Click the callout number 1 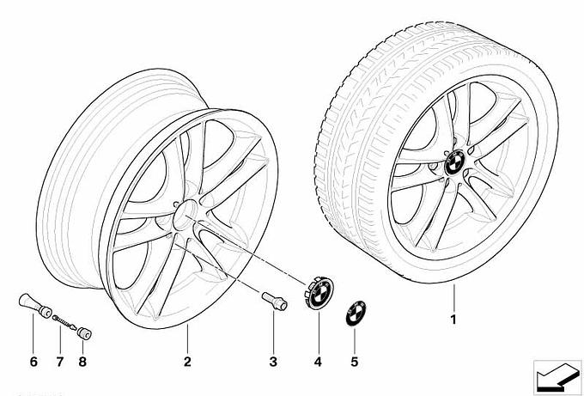click(453, 320)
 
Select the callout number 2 click(187, 362)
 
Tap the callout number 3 click(273, 362)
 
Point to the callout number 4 click(318, 362)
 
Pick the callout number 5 click(354, 362)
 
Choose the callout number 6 click(33, 362)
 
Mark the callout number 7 click(60, 362)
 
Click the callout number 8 click(82, 362)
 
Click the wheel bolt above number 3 click(275, 301)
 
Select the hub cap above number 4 click(319, 293)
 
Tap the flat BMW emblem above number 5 click(356, 313)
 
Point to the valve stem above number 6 click(34, 306)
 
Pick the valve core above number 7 click(64, 323)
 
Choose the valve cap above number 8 click(84, 333)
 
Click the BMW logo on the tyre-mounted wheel click(454, 163)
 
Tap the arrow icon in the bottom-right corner click(557, 377)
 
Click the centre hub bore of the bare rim click(186, 215)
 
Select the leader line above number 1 click(454, 297)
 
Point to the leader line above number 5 click(354, 340)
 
